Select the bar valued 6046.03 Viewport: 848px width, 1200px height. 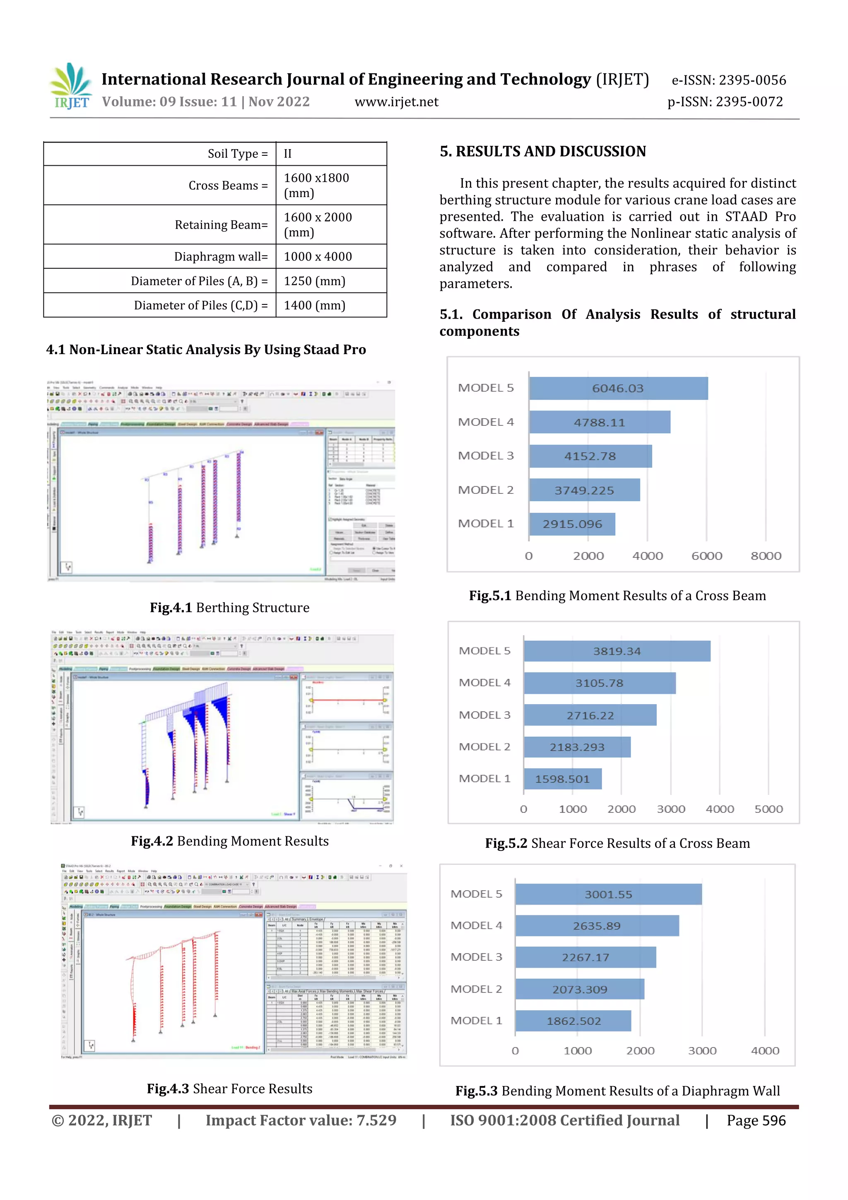point(618,388)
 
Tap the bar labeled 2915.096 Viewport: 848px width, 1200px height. point(572,524)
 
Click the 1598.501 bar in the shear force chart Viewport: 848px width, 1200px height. point(562,779)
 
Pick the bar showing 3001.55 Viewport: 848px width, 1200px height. point(608,894)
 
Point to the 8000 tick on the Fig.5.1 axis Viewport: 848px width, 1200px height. point(766,556)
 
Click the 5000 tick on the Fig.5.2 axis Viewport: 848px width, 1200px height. point(768,809)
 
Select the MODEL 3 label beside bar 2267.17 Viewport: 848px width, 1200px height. point(476,957)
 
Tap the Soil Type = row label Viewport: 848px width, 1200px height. point(238,154)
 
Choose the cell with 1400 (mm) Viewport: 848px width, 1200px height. point(315,305)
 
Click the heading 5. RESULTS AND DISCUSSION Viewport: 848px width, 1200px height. point(542,152)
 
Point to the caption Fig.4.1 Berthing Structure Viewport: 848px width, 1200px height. point(229,607)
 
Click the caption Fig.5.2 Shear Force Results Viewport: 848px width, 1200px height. point(617,843)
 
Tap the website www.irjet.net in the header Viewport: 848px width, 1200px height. point(396,102)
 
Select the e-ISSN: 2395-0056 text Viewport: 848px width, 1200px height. point(728,80)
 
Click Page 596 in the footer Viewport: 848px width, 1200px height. point(756,1120)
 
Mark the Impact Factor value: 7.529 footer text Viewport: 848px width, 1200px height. point(301,1120)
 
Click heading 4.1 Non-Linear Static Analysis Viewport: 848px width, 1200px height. point(206,350)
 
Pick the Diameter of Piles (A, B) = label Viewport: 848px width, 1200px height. point(199,281)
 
